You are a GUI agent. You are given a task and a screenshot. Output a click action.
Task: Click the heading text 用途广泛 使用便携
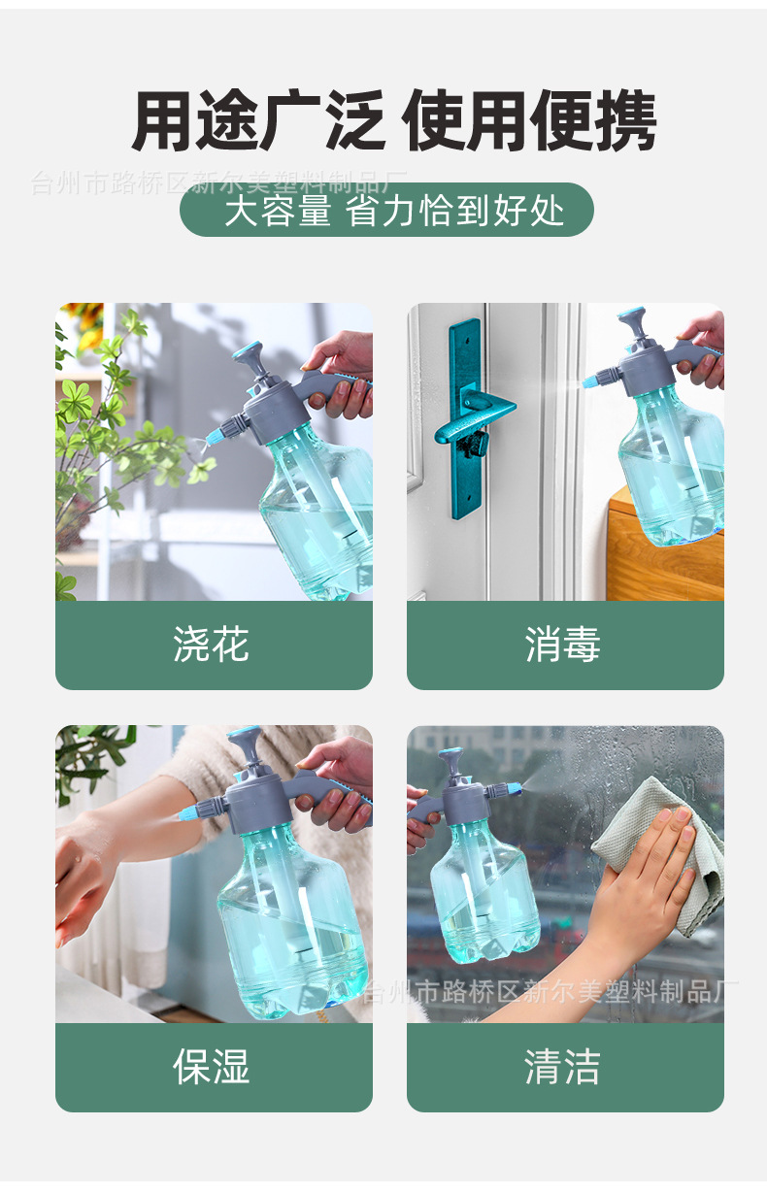[393, 121]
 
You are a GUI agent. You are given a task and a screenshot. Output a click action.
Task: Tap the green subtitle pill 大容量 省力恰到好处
[386, 210]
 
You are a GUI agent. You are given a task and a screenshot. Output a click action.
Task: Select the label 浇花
[213, 645]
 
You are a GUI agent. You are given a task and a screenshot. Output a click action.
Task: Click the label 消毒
[564, 645]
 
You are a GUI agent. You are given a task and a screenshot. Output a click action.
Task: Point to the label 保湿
[213, 1066]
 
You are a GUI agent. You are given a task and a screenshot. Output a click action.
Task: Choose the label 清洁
[564, 1066]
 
